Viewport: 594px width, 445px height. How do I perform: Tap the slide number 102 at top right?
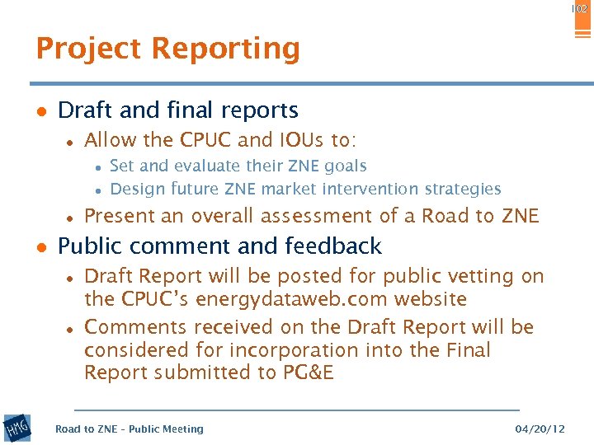(579, 8)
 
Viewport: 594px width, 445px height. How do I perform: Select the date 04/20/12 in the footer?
(540, 429)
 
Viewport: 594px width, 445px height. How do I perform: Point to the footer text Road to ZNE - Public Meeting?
(129, 429)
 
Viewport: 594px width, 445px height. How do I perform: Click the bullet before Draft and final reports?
(40, 111)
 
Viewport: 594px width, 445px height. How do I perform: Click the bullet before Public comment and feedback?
(40, 247)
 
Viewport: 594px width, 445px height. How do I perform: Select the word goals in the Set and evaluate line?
(346, 166)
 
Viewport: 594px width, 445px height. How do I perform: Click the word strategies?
(461, 190)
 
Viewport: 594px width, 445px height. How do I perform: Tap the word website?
(427, 299)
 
